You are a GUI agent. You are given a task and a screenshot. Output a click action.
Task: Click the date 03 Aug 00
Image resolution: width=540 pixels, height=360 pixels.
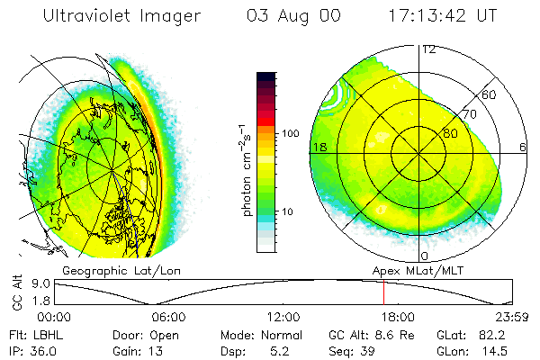292,16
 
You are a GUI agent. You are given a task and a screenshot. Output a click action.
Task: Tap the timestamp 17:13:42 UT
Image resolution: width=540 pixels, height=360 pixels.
445,16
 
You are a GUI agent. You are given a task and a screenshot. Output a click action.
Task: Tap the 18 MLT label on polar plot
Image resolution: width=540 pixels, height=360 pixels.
318,147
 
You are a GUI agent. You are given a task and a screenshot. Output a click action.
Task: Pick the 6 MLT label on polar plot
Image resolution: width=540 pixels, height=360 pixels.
523,147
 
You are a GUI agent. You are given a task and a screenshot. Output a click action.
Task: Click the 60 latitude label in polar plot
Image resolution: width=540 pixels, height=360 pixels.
490,94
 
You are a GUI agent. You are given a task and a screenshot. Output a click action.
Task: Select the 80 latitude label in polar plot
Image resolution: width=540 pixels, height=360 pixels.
450,132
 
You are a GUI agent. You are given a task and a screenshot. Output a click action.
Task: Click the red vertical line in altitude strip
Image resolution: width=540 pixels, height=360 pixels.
384,292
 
